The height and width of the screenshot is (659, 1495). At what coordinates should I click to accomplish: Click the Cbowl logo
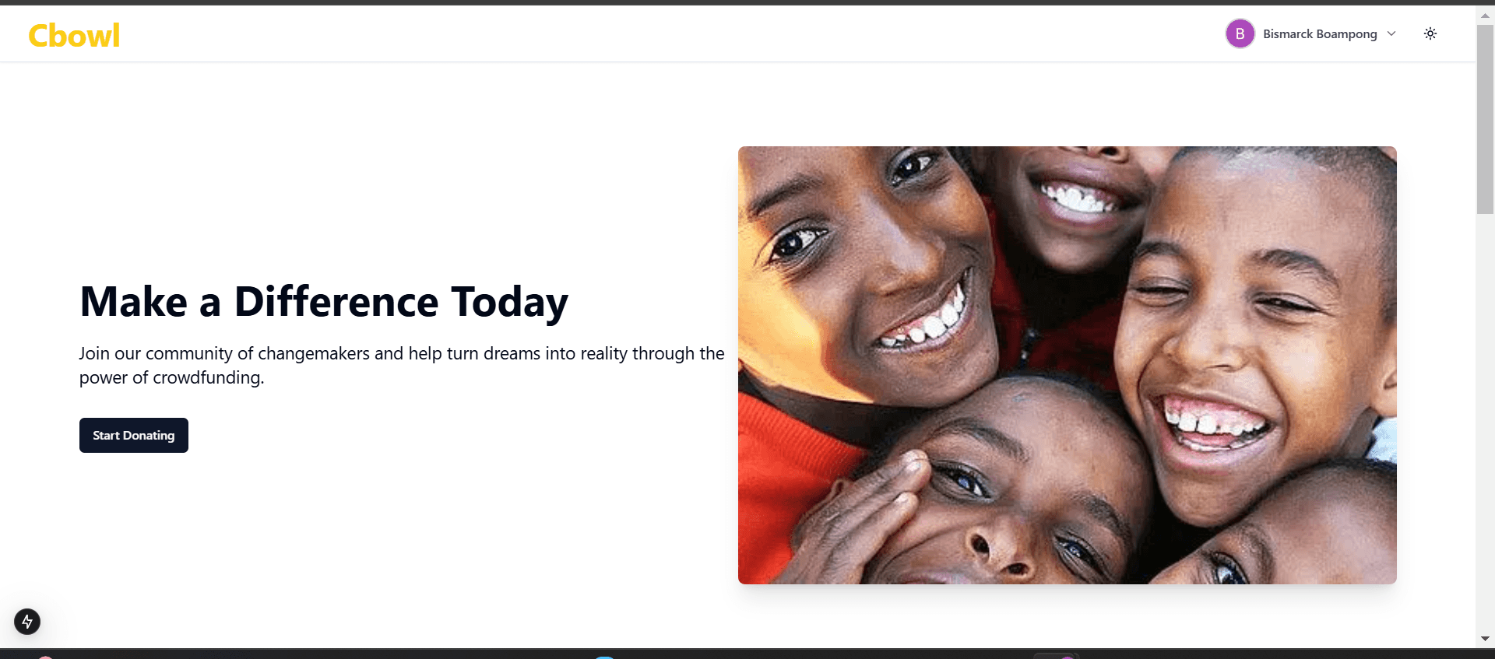74,36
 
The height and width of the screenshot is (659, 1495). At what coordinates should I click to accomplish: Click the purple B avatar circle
1240,33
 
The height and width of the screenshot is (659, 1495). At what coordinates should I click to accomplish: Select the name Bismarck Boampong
1320,34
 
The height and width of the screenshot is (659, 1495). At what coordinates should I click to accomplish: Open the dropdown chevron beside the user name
1391,33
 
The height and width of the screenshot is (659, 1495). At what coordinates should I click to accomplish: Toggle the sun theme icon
1430,33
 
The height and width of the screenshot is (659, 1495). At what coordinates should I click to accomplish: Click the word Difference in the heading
336,302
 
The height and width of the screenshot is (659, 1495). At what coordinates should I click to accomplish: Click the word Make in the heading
134,302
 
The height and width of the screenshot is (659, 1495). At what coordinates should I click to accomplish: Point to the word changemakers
314,354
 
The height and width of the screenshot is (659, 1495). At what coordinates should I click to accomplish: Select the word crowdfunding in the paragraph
209,378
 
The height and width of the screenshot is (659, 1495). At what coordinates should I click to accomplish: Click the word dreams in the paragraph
512,353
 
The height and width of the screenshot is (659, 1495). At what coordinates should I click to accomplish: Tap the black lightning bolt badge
27,622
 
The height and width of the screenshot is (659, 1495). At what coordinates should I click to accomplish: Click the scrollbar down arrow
1485,639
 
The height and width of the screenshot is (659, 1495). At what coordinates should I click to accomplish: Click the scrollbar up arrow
1485,15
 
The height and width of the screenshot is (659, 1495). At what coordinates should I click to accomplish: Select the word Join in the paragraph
94,353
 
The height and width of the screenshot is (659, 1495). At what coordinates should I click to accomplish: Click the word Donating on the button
149,436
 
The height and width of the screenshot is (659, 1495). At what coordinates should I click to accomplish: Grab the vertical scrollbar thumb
1485,118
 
